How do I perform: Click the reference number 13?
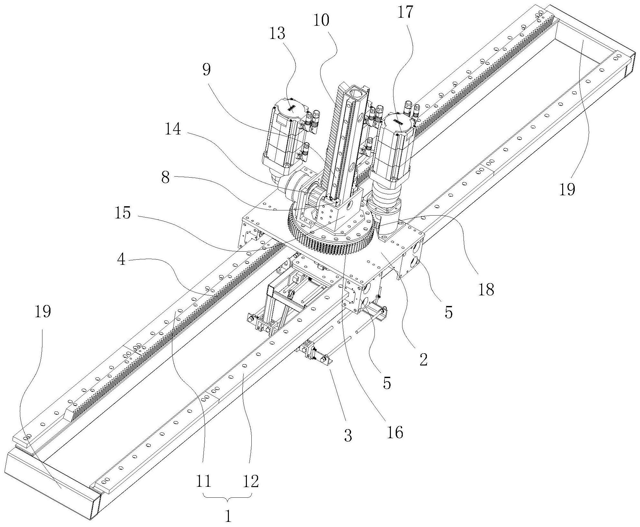click(x=277, y=33)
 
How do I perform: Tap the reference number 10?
click(x=321, y=21)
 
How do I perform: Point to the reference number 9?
click(x=206, y=69)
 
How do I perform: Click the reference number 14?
click(x=173, y=130)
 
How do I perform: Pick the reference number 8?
click(x=165, y=177)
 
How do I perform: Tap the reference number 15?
click(x=123, y=213)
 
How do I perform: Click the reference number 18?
click(x=486, y=290)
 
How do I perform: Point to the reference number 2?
click(x=424, y=359)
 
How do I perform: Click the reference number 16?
click(x=395, y=433)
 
